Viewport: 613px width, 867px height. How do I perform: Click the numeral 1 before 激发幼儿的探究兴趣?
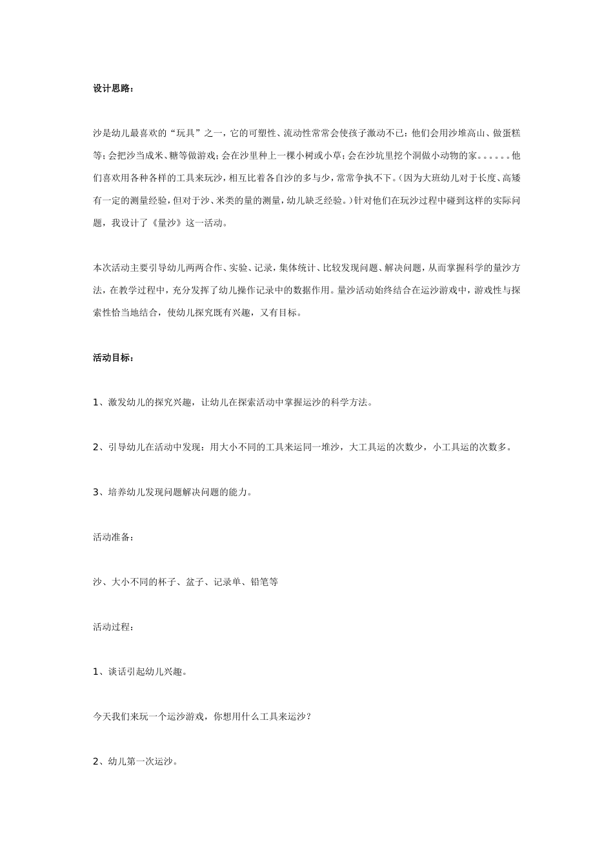tap(95, 403)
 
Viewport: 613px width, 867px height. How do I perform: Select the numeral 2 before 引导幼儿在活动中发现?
tap(95, 447)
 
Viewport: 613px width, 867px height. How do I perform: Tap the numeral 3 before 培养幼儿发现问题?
tap(95, 492)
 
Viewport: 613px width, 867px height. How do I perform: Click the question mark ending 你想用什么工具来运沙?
tap(309, 716)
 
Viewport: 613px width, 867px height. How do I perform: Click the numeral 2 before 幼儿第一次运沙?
tap(95, 761)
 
